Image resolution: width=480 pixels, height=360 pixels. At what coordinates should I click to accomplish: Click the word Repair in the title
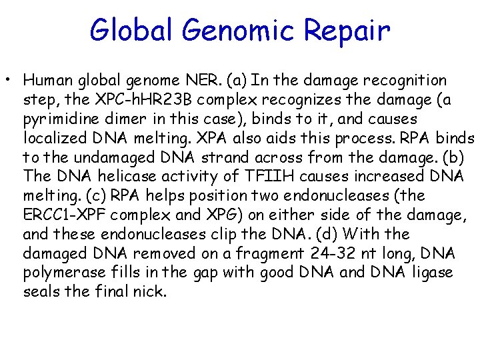point(347,31)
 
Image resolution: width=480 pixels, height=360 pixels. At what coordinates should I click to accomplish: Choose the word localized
point(53,139)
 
